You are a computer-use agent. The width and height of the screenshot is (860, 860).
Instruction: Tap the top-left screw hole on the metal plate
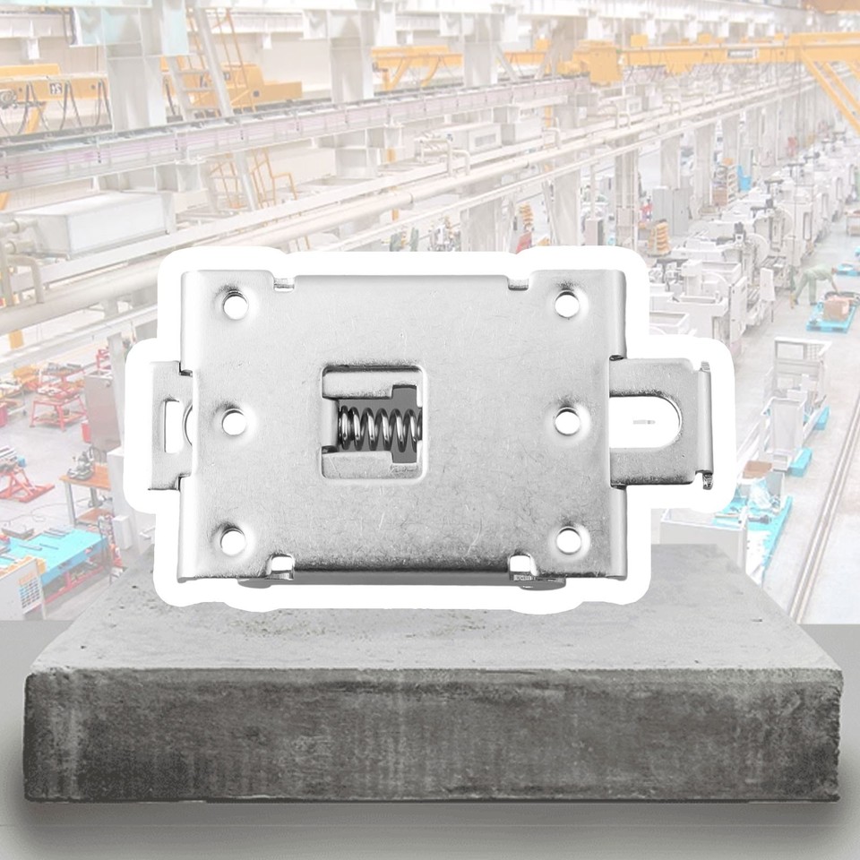(234, 305)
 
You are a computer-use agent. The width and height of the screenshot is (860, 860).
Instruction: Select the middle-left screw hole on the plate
(233, 421)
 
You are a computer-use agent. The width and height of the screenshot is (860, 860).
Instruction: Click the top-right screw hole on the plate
(566, 303)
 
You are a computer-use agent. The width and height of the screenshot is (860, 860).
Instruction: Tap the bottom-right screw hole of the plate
(568, 539)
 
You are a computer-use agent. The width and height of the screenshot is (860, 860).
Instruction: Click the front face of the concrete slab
(430, 735)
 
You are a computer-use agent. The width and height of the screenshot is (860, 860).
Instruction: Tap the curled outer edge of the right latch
(706, 421)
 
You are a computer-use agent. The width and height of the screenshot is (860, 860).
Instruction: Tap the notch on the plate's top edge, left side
(283, 285)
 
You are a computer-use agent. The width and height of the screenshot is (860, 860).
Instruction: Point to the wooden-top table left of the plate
(85, 479)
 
